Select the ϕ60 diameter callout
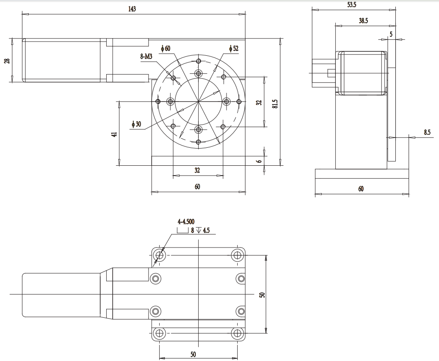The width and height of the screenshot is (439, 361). pos(165,49)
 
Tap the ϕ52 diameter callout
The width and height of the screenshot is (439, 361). pos(234,49)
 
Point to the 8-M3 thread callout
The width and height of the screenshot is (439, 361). pos(146,56)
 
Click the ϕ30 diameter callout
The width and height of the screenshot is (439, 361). pos(137,124)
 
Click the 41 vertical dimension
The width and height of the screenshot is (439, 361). pos(114,134)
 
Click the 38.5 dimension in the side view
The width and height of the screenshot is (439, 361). pos(363,20)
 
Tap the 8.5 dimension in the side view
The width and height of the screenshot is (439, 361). pos(427,132)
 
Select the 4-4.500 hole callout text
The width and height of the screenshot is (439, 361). pos(186,221)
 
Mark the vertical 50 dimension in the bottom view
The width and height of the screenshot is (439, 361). pos(262,295)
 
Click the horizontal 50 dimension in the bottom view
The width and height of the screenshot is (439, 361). pos(193,354)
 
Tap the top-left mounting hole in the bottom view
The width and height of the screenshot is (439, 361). pos(160,255)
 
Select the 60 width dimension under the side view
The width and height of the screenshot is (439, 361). pos(361,188)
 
